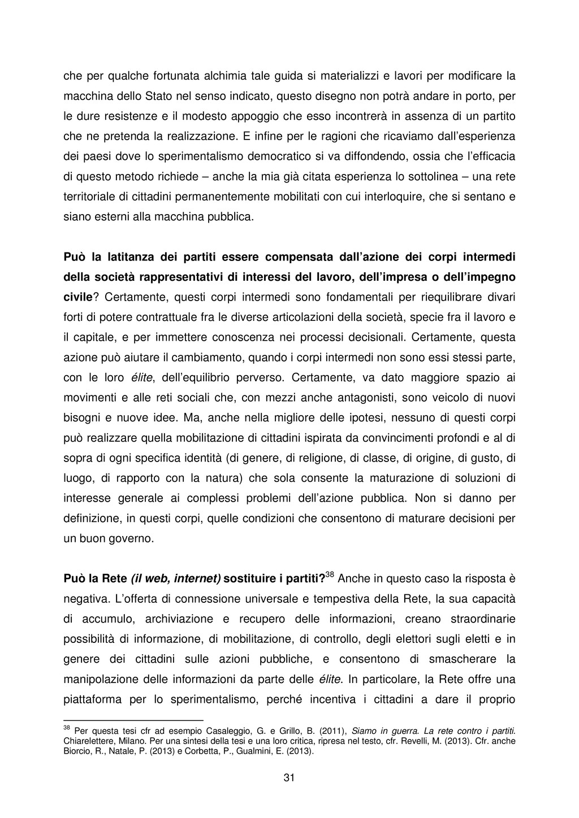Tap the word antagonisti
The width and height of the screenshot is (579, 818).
pos(354,398)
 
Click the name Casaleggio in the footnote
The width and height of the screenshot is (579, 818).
pos(226,731)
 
